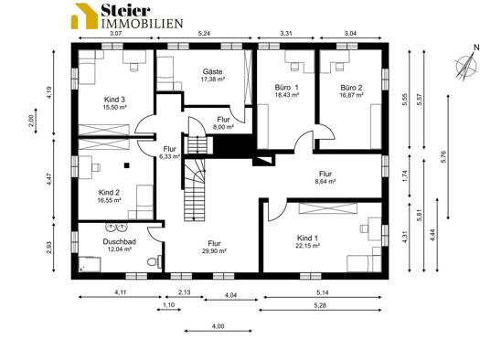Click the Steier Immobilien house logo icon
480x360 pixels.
point(84,16)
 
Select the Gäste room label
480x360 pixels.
point(212,71)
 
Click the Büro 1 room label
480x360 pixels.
point(286,88)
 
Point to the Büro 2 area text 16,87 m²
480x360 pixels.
point(351,95)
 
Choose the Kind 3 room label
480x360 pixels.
point(114,100)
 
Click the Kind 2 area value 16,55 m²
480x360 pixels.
point(110,200)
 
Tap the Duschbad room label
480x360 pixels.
point(120,241)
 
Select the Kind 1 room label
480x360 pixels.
point(307,238)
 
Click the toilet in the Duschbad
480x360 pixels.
point(155,261)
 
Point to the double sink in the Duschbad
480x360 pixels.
point(116,227)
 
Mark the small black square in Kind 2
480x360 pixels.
point(127,165)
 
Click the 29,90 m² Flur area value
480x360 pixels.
point(214,251)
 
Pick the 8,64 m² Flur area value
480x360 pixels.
point(325,181)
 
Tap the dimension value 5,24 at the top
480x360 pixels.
point(204,33)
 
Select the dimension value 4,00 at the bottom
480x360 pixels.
point(218,326)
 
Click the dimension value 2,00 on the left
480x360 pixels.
point(30,120)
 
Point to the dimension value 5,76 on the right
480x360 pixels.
point(444,157)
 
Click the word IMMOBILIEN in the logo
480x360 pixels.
point(142,23)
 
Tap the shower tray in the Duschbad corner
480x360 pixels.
point(90,265)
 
